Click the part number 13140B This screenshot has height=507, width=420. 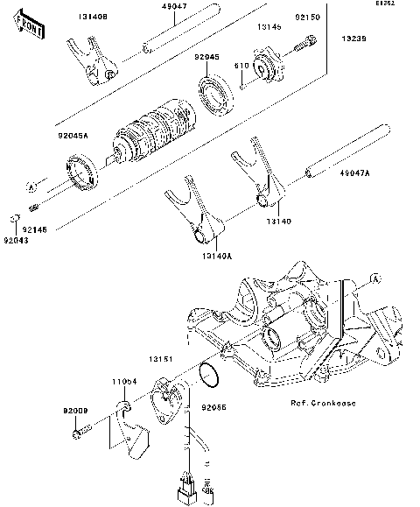tap(94, 17)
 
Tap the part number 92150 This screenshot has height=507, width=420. tap(306, 17)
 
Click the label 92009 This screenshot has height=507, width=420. tap(75, 410)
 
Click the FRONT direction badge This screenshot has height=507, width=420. tap(31, 32)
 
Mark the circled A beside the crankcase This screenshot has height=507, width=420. tap(375, 279)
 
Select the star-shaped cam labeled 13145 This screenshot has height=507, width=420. tap(265, 68)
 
